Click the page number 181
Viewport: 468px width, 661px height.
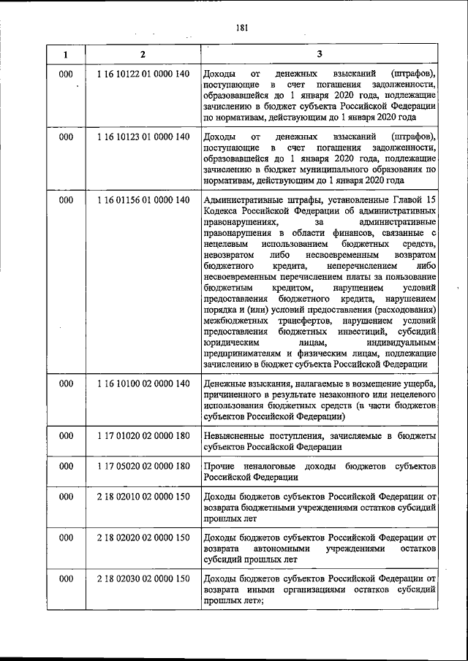point(242,28)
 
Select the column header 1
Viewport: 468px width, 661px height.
point(66,54)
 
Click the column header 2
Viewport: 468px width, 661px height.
point(143,54)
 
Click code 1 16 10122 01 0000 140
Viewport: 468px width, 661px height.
point(143,74)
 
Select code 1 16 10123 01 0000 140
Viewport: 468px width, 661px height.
point(143,137)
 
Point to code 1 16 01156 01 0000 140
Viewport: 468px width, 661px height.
point(143,199)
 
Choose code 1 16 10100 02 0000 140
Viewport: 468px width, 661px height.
point(143,383)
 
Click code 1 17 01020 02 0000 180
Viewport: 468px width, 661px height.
point(143,435)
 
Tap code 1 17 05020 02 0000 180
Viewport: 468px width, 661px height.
point(143,466)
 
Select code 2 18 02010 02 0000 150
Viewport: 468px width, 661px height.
point(143,497)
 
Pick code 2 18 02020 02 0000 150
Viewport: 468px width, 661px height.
point(143,538)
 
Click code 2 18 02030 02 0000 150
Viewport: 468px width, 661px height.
point(143,578)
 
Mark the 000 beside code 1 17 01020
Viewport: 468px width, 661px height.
point(66,435)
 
